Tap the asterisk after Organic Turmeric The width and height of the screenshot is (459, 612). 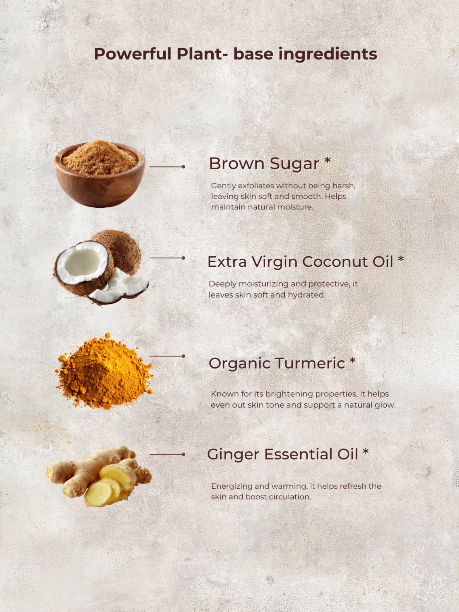click(352, 361)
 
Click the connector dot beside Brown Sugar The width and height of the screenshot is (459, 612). click(183, 167)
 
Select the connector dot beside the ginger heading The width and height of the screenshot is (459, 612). click(183, 454)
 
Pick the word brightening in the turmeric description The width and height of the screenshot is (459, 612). click(289, 394)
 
